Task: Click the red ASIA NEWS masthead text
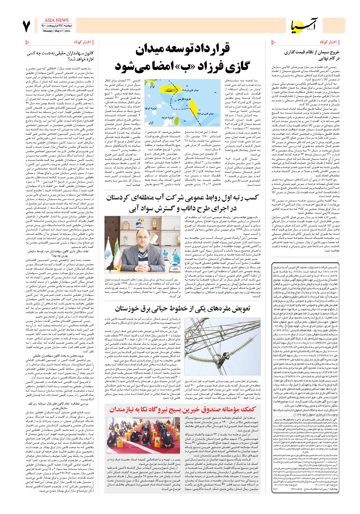point(56,20)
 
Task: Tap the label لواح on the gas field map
point(152,87)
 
